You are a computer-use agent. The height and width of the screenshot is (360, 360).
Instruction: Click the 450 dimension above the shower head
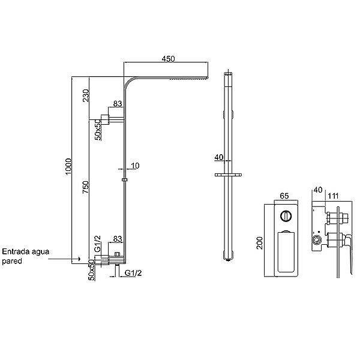coord(168,59)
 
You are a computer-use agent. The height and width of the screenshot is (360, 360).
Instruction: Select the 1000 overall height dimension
coord(68,166)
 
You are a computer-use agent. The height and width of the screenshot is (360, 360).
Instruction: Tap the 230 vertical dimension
coord(86,95)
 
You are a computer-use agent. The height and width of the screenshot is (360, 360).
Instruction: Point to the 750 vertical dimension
coord(85,187)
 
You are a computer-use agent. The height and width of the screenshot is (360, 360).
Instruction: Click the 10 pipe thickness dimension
coord(135,166)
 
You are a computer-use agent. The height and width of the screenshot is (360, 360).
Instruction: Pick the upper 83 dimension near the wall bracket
coord(118,104)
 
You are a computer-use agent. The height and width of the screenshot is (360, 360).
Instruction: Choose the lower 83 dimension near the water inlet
coord(118,239)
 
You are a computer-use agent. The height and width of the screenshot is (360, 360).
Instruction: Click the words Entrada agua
coord(25,251)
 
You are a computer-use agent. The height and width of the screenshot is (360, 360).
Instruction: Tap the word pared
coord(12,261)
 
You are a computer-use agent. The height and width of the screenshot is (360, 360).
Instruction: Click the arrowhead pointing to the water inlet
coord(79,259)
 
